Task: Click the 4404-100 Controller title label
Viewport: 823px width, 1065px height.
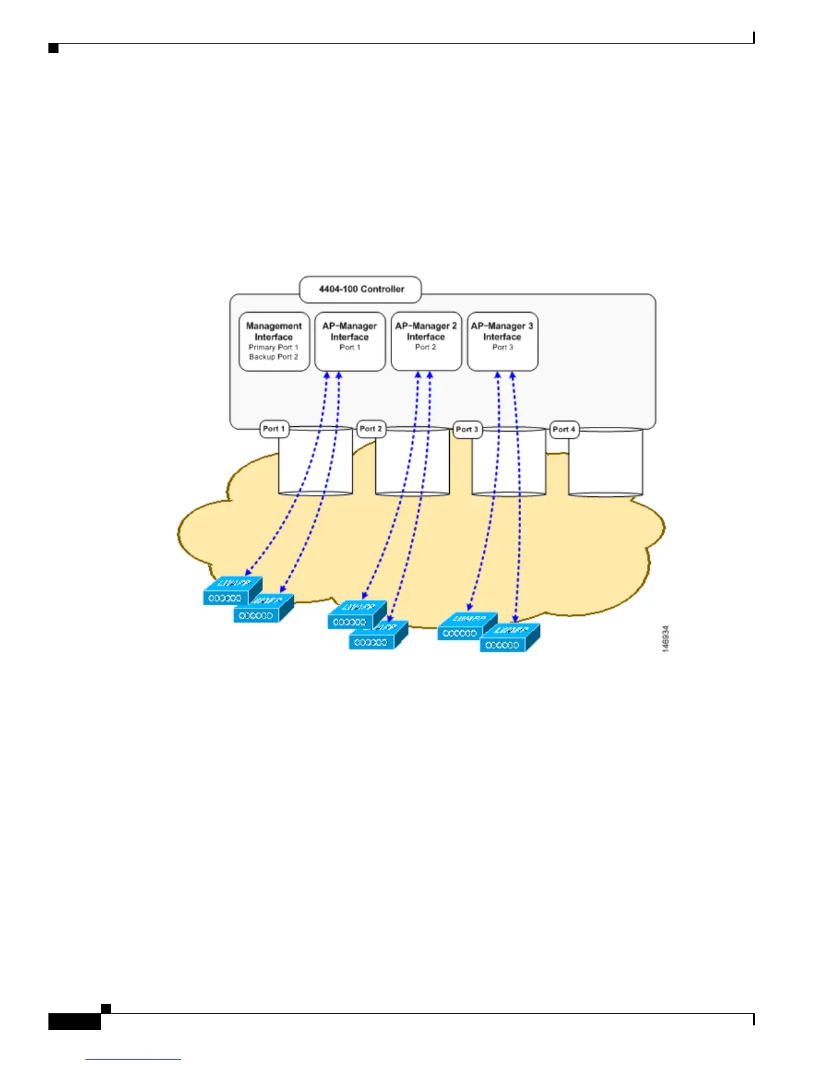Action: [361, 289]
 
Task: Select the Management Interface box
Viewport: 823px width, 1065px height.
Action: [274, 341]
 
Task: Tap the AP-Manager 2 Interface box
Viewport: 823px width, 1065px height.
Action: [426, 341]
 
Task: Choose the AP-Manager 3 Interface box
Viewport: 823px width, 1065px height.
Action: [502, 341]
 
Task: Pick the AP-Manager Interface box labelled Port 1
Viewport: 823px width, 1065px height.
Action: [350, 341]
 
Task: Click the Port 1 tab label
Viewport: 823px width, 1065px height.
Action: [274, 429]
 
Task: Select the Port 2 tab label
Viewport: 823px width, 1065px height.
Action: [371, 429]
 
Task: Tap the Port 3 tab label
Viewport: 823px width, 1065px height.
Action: [467, 430]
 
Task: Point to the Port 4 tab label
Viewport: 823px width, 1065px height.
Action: [564, 430]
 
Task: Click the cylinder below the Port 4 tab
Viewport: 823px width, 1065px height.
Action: [605, 464]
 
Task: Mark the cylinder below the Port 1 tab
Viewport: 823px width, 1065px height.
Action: [315, 463]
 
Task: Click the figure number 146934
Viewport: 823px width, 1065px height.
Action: [665, 639]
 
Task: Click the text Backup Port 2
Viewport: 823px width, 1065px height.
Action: [274, 357]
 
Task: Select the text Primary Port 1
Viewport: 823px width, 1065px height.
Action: [274, 348]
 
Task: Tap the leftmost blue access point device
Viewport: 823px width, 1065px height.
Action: [231, 592]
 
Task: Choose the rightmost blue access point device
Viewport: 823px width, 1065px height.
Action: [509, 639]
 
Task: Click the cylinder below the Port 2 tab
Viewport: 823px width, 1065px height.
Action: [412, 463]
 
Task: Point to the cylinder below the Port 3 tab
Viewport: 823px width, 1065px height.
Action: [509, 463]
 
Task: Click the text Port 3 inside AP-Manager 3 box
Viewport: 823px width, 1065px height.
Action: [502, 348]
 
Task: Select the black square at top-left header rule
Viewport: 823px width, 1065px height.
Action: [54, 48]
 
